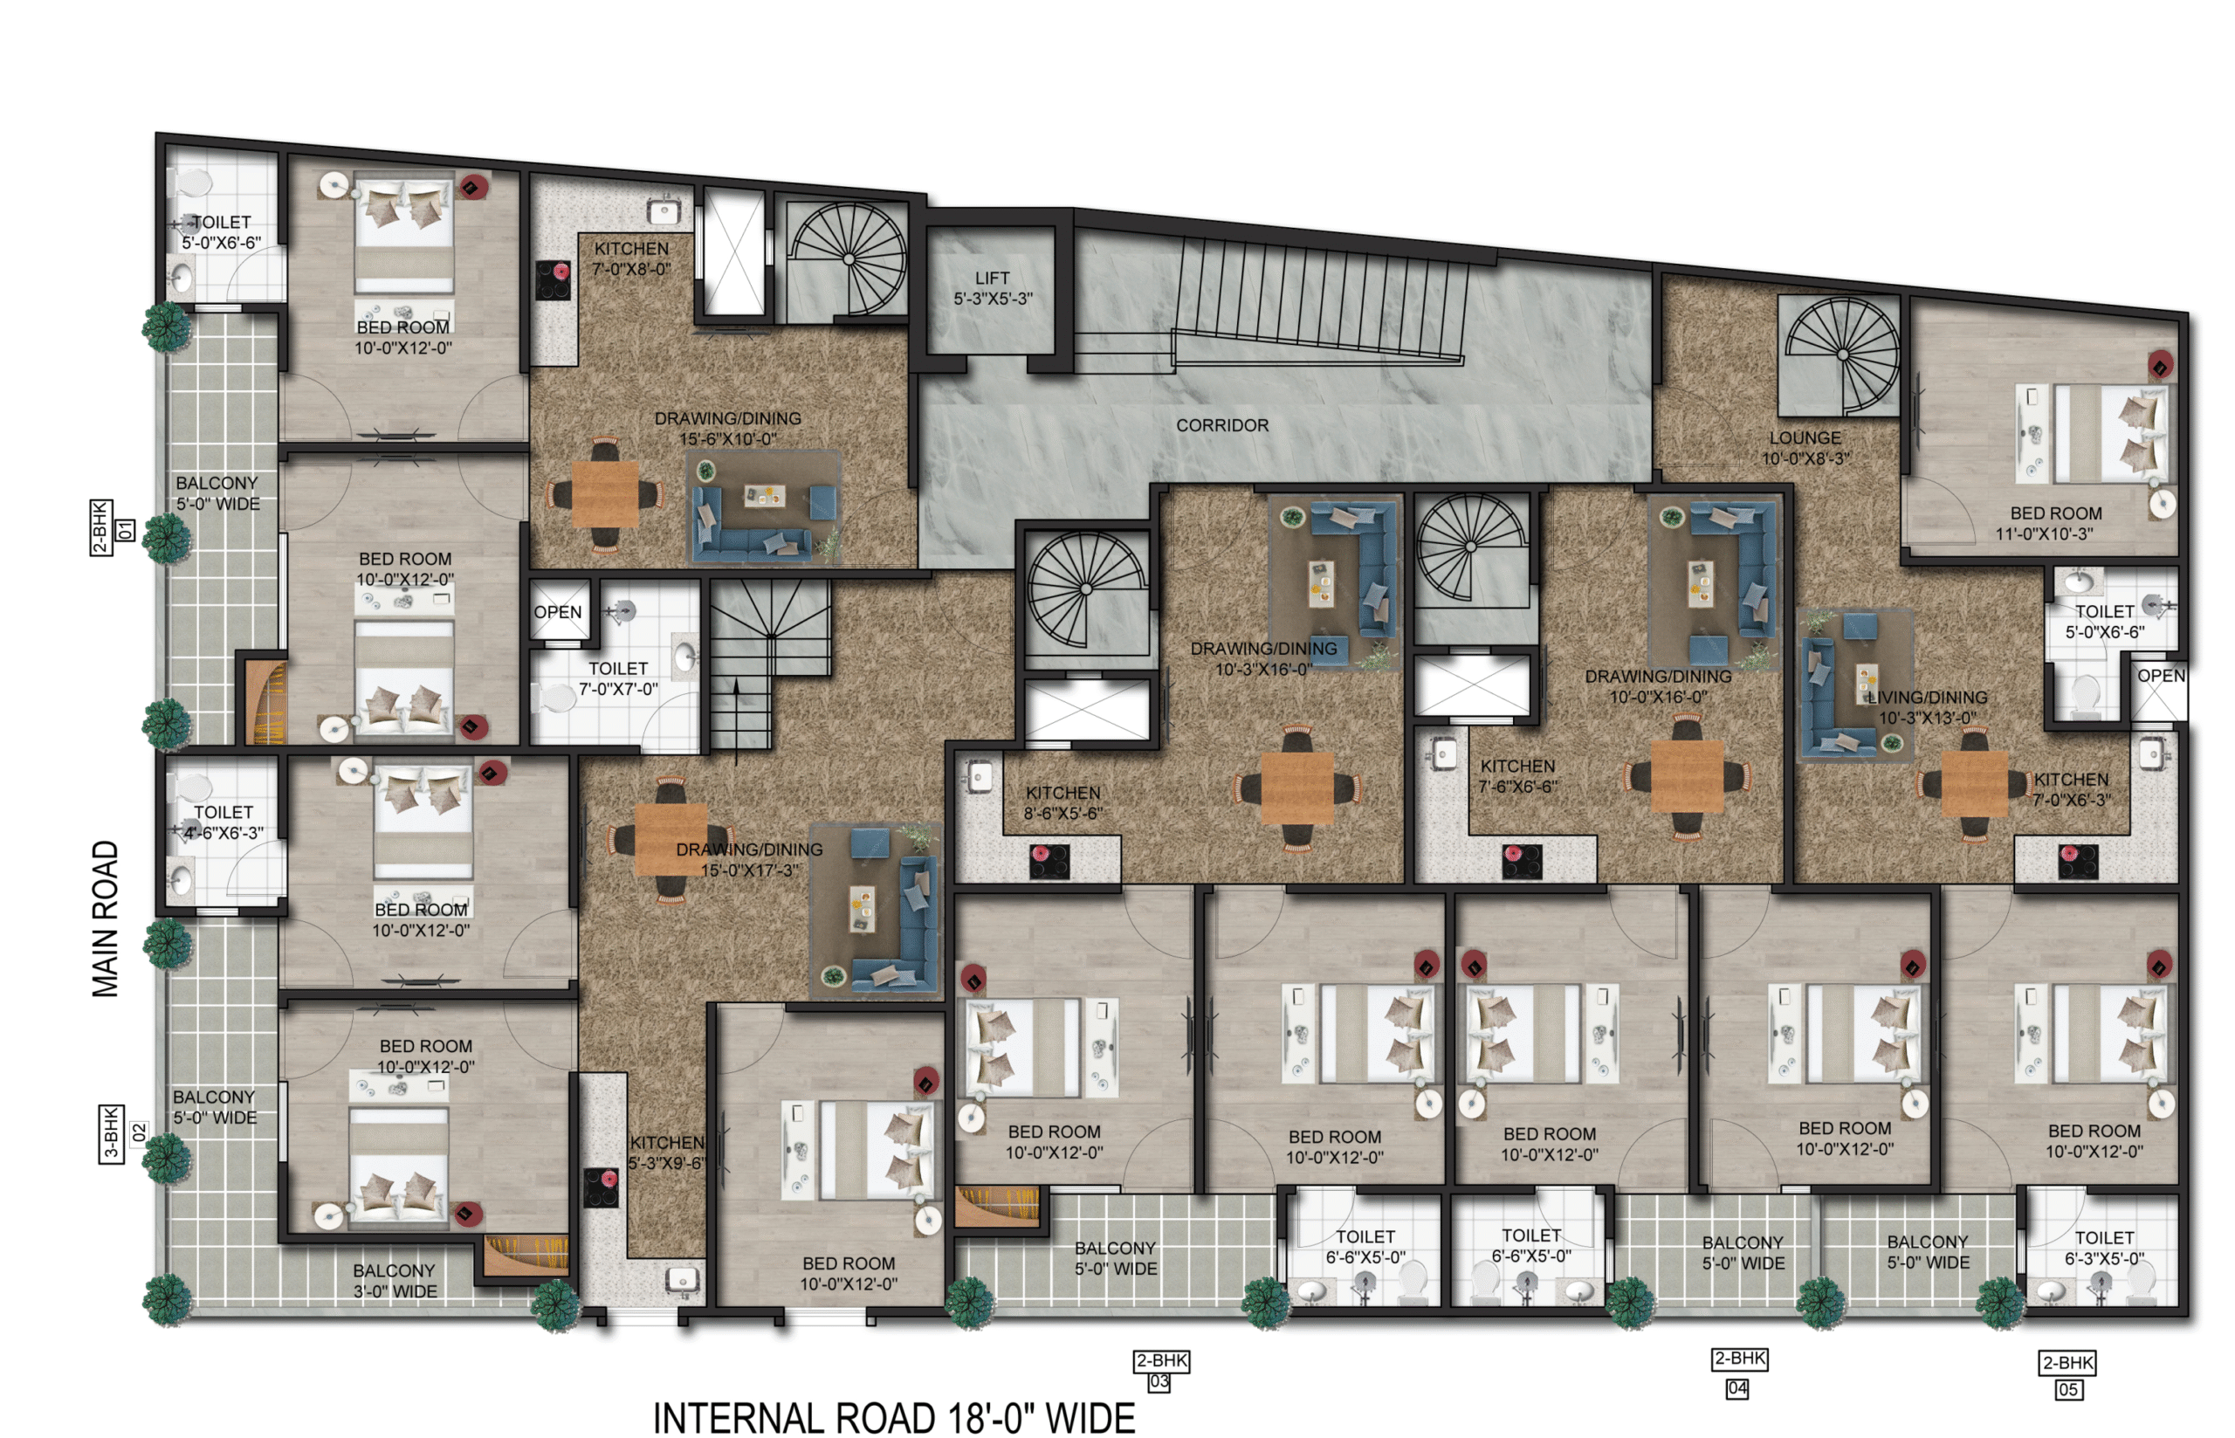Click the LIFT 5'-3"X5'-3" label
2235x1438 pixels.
click(992, 288)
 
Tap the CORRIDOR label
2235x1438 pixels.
click(1221, 426)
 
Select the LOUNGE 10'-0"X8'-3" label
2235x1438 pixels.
click(1805, 448)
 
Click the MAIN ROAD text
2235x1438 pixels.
click(106, 919)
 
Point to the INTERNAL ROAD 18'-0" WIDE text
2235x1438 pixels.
click(893, 1417)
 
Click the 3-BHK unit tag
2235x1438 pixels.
click(110, 1133)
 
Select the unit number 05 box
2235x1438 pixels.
click(2067, 1389)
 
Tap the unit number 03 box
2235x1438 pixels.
click(1159, 1382)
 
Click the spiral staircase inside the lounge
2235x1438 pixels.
click(1841, 354)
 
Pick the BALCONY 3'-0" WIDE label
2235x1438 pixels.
click(394, 1281)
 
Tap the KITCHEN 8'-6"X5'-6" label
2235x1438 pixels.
click(1062, 803)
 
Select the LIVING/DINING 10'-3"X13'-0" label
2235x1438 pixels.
click(1927, 708)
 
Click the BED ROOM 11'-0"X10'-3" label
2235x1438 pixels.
click(2055, 524)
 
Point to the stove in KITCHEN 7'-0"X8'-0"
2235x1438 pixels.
click(553, 280)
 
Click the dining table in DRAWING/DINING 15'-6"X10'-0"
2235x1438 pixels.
click(605, 494)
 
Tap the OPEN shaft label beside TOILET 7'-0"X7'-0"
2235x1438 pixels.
click(557, 613)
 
